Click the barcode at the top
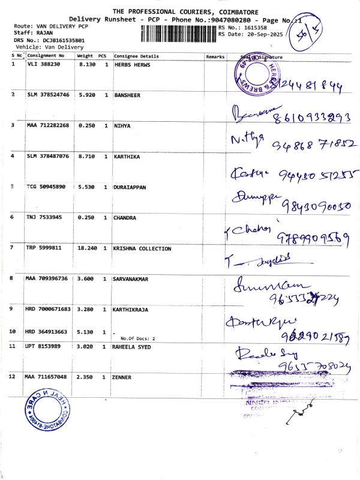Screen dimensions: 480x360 (178, 33)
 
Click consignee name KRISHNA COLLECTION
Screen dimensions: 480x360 (143, 248)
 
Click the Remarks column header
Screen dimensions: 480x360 (214, 56)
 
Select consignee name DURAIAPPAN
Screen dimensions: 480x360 (135, 187)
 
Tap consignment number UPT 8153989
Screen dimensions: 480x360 (43, 347)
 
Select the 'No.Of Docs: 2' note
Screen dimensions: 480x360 (137, 338)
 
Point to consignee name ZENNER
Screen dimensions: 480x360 (125, 377)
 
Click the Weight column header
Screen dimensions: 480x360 (85, 56)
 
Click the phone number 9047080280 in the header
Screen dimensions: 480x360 (199, 20)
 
